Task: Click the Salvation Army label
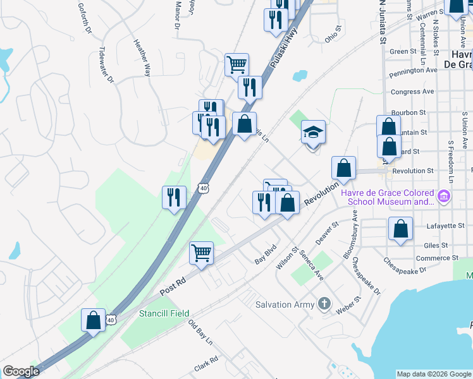tap(285, 304)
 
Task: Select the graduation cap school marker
tap(313, 133)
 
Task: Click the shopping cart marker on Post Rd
tap(202, 253)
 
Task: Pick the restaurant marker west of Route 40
tap(173, 197)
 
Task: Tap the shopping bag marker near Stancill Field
tap(94, 320)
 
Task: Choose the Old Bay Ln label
tap(200, 332)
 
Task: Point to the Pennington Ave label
tap(413, 71)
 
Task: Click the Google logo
tap(21, 371)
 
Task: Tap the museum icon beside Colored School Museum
tap(443, 197)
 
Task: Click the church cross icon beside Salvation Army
tap(324, 304)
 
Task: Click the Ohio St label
tap(333, 33)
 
